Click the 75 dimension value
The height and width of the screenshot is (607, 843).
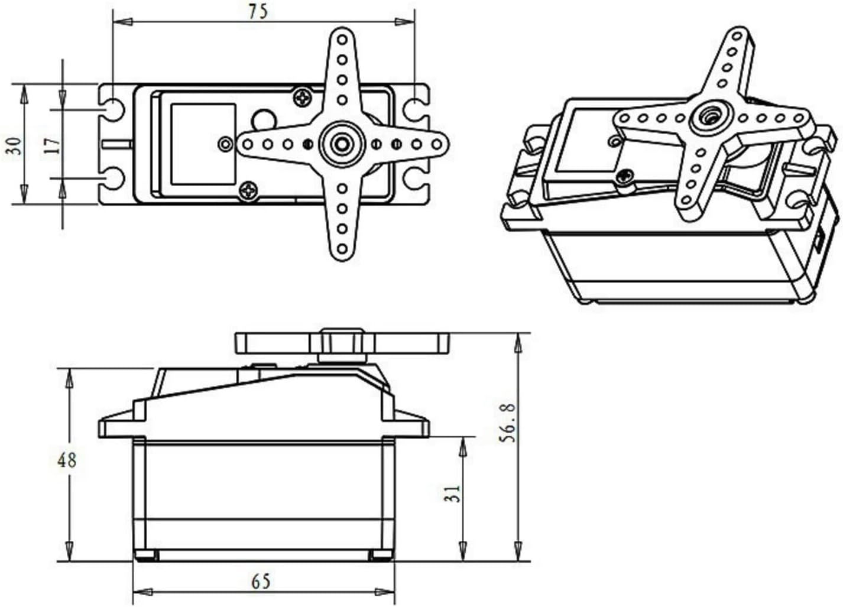258,11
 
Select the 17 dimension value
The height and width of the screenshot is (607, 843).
53,144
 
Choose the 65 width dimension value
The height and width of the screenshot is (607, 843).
261,582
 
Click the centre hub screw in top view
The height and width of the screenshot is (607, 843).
342,144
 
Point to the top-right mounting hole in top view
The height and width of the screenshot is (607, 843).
416,109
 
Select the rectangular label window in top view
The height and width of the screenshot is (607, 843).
203,144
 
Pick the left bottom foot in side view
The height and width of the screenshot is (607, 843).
146,555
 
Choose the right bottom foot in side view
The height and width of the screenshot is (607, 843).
380,555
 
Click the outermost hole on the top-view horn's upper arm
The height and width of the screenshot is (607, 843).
342,40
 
